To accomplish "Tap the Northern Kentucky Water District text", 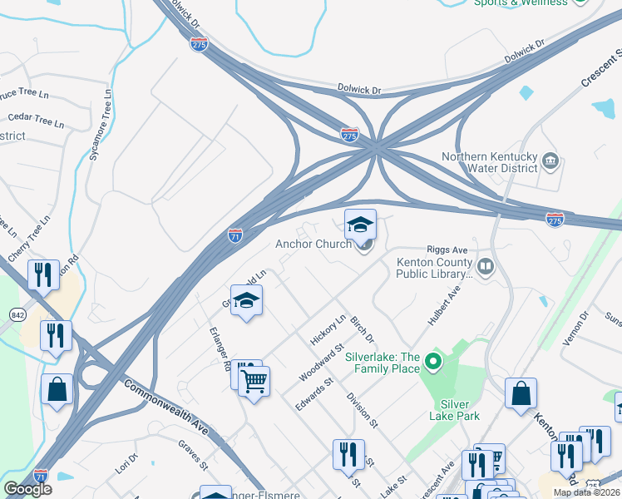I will pos(490,162).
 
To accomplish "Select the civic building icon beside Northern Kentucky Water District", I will pos(550,160).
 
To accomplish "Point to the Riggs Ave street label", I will pos(447,249).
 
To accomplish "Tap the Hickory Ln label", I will pos(328,329).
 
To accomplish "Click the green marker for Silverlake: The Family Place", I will pos(432,362).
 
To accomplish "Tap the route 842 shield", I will pos(17,314).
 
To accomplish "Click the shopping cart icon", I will pos(254,382).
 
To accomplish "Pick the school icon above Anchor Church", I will pos(360,225).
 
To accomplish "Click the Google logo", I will pos(27,489).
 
